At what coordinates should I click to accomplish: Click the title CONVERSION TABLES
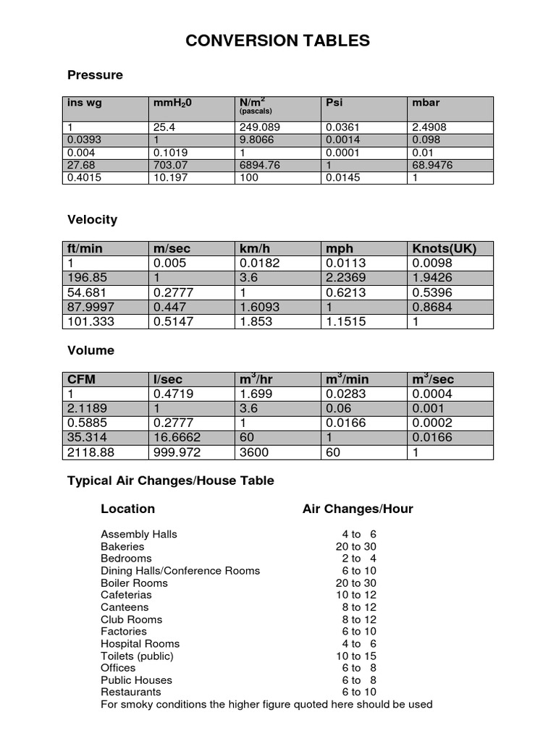277,41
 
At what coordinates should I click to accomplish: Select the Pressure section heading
95,75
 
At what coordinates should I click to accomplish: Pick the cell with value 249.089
258,127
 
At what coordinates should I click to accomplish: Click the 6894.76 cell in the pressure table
259,165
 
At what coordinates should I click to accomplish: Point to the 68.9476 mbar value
434,165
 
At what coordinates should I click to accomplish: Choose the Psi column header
334,103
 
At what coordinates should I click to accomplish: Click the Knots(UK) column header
444,248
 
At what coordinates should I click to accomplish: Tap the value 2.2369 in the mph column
346,278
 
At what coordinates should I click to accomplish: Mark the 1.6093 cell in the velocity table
259,307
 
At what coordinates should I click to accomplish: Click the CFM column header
81,380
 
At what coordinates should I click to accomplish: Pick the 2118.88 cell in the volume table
90,452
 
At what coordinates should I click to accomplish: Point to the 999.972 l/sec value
177,452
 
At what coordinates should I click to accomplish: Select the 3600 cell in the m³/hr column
254,452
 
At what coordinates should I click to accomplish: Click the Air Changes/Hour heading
358,509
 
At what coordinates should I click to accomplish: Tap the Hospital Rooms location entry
140,643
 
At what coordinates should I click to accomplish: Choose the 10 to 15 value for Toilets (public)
356,656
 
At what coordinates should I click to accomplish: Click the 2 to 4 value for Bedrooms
359,559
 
